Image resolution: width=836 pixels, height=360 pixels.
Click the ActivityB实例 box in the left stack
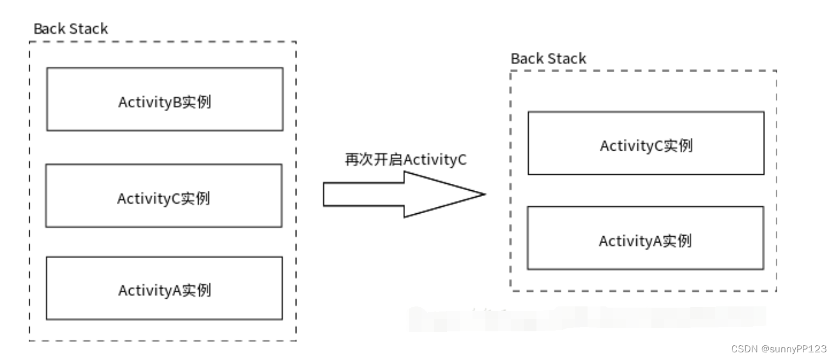[164, 99]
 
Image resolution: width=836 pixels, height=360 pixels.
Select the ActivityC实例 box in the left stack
[164, 195]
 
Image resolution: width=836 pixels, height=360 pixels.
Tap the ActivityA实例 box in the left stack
[164, 288]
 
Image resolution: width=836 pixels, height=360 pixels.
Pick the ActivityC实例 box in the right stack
[646, 143]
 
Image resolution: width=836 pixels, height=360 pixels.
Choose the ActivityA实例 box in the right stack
[646, 237]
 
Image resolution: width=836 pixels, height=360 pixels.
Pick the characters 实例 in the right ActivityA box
[678, 241]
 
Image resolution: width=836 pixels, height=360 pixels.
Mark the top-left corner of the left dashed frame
[29, 42]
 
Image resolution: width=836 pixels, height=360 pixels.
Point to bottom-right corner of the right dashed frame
[777, 291]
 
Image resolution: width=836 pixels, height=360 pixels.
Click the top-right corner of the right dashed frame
[777, 71]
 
